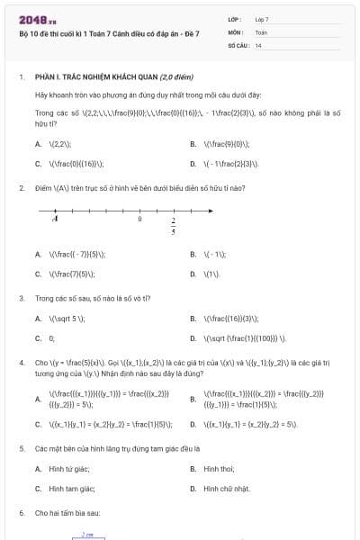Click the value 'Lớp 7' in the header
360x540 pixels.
coord(262,19)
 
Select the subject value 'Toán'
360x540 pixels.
coord(261,31)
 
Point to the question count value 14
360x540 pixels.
coord(258,44)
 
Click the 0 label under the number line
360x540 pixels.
coord(139,218)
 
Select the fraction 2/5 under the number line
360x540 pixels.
coord(173,224)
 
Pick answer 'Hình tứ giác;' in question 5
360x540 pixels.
coord(69,468)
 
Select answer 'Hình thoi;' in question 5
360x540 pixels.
coord(219,468)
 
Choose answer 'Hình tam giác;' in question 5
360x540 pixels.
coord(72,489)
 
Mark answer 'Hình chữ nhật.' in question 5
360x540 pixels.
coord(223,489)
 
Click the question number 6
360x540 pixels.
coord(21,512)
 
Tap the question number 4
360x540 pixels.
coord(21,362)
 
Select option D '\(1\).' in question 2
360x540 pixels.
coord(212,274)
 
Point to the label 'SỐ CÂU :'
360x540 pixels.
coord(238,44)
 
